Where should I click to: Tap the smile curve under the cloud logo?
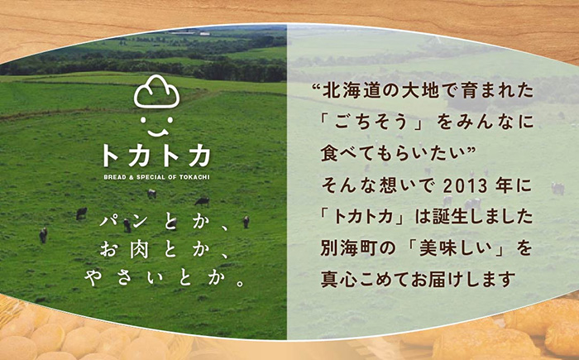point(157,132)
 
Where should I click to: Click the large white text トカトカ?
point(156,156)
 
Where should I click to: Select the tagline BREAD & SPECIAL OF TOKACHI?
point(156,177)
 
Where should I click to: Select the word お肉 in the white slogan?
point(124,250)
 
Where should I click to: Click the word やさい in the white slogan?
point(122,278)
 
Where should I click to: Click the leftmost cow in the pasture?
point(43,235)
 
